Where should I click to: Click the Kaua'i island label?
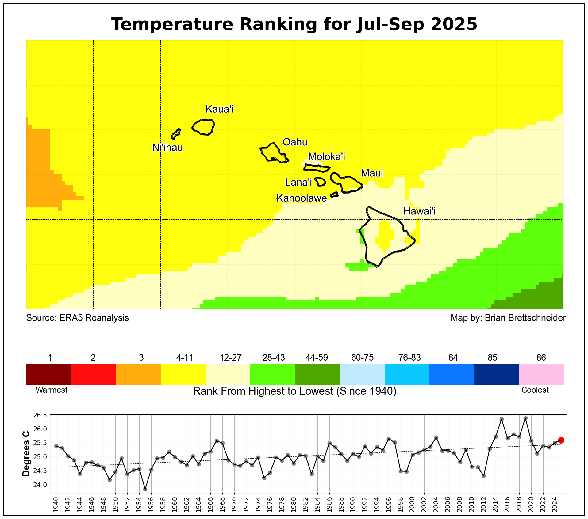219,109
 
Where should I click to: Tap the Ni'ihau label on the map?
167,148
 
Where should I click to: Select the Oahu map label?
295,142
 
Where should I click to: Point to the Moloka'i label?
326,156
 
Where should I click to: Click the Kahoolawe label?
302,198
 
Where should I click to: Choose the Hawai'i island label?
419,211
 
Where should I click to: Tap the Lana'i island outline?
320,182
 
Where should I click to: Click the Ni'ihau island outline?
176,134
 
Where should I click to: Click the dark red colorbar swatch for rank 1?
49,374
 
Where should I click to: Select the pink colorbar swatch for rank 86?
541,374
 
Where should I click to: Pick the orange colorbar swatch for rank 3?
138,374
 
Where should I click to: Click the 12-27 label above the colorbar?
230,358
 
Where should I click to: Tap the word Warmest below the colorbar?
52,390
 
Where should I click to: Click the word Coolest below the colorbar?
535,390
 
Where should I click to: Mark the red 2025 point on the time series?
561,440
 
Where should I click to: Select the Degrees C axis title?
26,454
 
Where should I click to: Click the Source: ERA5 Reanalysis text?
77,318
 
